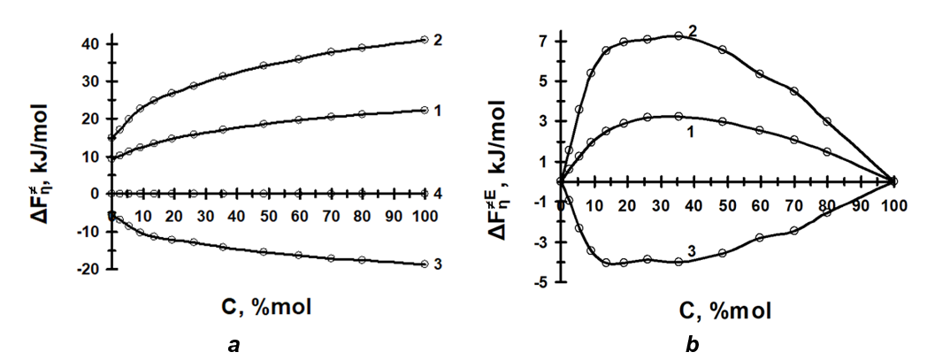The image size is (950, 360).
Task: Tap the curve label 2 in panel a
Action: [438, 41]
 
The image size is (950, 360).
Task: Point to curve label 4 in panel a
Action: [438, 193]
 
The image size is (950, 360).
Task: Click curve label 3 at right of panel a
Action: [438, 264]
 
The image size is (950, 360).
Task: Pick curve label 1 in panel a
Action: [438, 111]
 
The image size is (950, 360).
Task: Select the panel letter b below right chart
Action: [691, 345]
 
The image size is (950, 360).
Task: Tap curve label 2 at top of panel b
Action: [693, 31]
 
